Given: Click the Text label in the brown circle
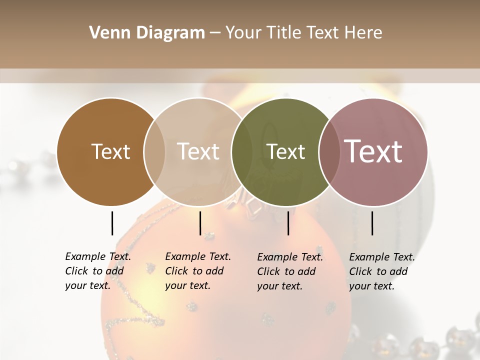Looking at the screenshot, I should tap(110, 151).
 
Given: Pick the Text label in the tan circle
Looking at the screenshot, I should tap(198, 151).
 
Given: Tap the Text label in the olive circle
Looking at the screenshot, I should tap(285, 151).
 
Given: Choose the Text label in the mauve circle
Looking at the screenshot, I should tap(373, 151).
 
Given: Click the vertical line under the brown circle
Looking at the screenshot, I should tap(112, 223).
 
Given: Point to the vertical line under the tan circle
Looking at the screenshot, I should tap(200, 223).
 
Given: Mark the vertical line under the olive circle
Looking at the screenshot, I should tap(288, 223).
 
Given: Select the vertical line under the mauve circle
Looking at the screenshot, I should tap(372, 223).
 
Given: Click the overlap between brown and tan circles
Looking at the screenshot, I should tap(154, 151).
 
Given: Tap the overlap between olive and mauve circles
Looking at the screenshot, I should tap(328, 151).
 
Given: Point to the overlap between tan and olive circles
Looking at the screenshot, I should tap(242, 151).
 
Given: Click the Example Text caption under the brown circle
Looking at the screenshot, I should tap(98, 271).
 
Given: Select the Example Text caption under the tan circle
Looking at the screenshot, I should tap(198, 271).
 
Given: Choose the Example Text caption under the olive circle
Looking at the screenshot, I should tap(290, 271).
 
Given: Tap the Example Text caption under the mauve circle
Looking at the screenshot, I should tap(382, 271).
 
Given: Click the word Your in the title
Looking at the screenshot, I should tap(243, 32).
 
